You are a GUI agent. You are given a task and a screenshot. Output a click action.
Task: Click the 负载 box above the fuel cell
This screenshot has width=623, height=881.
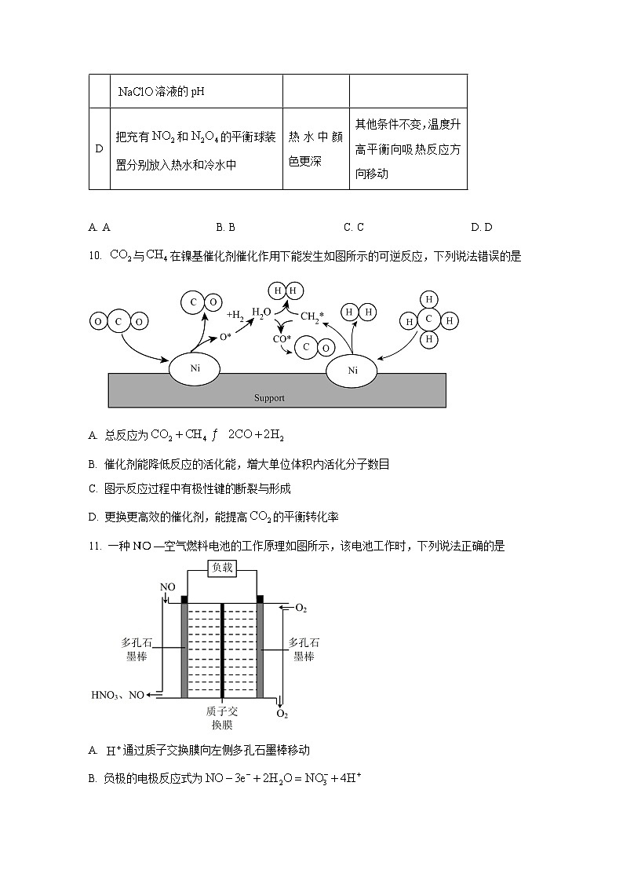pos(222,568)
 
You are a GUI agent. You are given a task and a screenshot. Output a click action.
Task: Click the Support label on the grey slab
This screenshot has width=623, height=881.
pos(269,398)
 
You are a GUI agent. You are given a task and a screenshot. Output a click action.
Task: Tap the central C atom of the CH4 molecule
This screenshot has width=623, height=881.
pos(429,320)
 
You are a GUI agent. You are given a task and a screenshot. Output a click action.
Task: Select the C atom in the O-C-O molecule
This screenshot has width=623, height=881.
pos(118,322)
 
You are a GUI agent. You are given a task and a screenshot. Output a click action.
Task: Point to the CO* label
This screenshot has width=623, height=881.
pos(282,339)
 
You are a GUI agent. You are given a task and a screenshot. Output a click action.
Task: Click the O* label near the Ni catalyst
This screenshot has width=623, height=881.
pos(225,337)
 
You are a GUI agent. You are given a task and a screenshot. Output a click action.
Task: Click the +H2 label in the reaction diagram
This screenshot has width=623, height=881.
pos(235,314)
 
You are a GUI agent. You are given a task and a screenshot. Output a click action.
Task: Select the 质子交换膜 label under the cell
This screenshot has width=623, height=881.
pos(222,718)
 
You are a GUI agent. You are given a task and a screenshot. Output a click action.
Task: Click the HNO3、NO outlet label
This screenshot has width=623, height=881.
pos(118,695)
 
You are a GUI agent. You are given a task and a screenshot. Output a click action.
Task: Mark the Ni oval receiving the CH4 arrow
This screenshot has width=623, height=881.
pos(352,370)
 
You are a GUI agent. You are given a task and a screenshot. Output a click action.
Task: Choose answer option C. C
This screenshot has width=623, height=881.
pos(353,228)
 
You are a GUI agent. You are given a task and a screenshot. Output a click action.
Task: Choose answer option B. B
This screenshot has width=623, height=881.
pos(225,228)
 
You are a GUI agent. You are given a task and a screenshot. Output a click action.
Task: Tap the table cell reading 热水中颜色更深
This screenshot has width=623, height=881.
pos(315,148)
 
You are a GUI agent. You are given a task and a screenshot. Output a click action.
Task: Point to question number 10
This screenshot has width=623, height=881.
pos(95,255)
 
